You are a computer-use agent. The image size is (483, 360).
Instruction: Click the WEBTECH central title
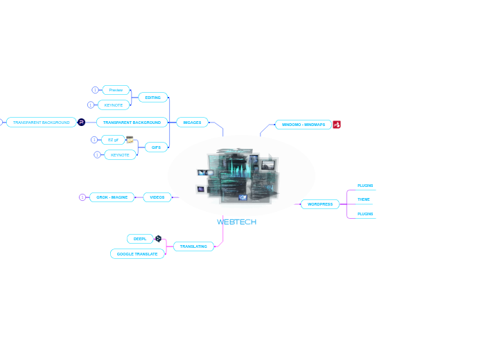pyautogui.click(x=236, y=222)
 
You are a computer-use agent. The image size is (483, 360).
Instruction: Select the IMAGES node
pyautogui.click(x=192, y=123)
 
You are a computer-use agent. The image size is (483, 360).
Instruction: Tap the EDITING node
pyautogui.click(x=152, y=98)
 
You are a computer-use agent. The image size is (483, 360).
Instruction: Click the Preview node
pyautogui.click(x=116, y=90)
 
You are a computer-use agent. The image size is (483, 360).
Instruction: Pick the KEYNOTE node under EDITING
pyautogui.click(x=114, y=105)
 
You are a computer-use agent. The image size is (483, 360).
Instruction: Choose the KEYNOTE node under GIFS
pyautogui.click(x=120, y=155)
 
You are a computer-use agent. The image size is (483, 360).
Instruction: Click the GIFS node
pyautogui.click(x=156, y=147)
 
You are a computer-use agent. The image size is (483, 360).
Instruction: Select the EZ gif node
pyautogui.click(x=113, y=140)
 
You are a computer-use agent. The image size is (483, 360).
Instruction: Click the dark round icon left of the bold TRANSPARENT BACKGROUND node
pyautogui.click(x=81, y=123)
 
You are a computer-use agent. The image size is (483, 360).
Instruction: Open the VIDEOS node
pyautogui.click(x=157, y=197)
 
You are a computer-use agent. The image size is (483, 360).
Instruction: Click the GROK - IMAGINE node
pyautogui.click(x=112, y=197)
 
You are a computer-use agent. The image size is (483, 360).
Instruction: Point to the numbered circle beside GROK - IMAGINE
pyautogui.click(x=82, y=197)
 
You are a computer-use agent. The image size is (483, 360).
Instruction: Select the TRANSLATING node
pyautogui.click(x=193, y=246)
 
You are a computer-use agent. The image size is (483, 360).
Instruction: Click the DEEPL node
pyautogui.click(x=139, y=239)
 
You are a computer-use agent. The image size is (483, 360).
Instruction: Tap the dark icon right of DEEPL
pyautogui.click(x=158, y=238)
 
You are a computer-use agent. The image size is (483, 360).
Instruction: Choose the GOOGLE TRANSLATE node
pyautogui.click(x=137, y=254)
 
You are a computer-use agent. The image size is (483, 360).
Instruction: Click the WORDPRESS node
pyautogui.click(x=319, y=204)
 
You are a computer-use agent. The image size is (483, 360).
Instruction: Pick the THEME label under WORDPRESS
pyautogui.click(x=363, y=199)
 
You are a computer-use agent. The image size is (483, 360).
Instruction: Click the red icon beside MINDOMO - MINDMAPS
pyautogui.click(x=337, y=125)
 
